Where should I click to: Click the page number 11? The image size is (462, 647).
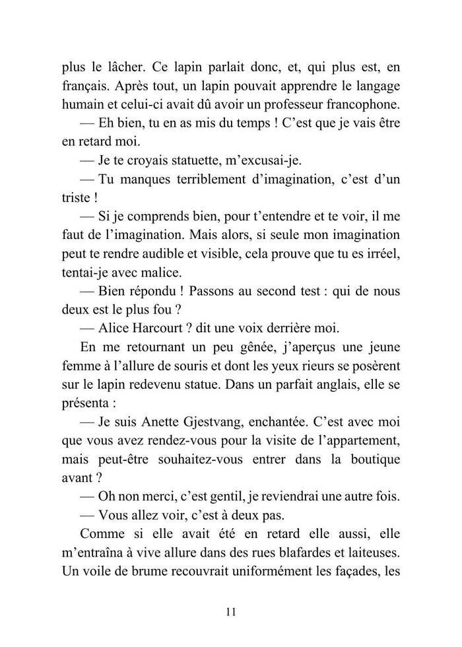[230, 611]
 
